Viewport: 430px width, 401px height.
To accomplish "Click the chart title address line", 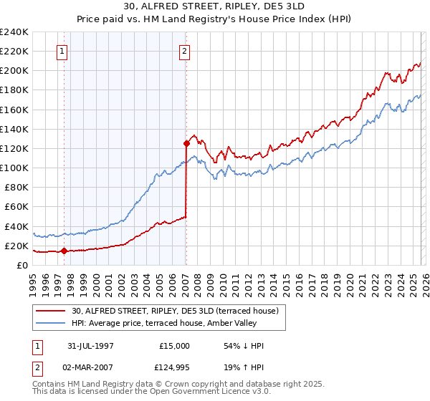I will click(214, 6).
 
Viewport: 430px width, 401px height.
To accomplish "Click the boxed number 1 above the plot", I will click(62, 51).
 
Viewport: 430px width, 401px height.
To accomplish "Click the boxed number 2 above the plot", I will click(184, 51).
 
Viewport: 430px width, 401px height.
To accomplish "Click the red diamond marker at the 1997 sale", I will click(64, 251).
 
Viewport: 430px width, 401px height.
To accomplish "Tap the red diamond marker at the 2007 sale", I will click(186, 143).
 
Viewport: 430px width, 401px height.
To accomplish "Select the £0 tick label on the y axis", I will click(21, 265).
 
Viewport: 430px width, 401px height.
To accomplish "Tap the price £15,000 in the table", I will click(175, 346).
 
